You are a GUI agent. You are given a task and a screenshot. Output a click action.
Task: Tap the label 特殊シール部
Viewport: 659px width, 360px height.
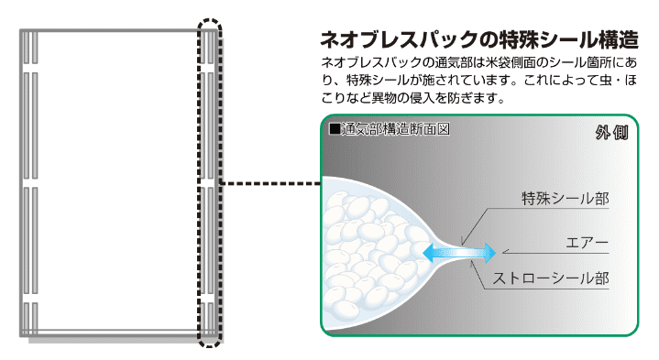(565, 197)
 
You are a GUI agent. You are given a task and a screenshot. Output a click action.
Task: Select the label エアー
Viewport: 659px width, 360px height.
(588, 242)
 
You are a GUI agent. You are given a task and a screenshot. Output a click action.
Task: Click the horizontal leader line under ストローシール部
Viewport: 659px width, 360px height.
(550, 289)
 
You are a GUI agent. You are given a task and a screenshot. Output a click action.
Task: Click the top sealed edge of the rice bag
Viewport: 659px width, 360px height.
(119, 31)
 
